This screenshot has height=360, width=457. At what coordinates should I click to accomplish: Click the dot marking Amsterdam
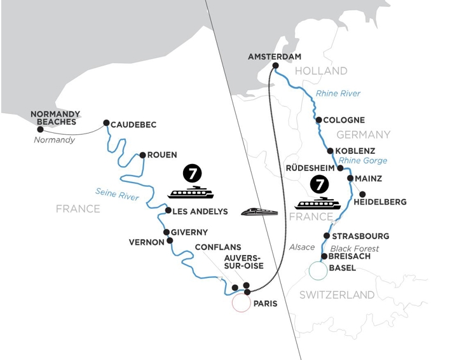point(276,66)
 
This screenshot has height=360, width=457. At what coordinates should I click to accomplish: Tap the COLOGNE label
point(345,120)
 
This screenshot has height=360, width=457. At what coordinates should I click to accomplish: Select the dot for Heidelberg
point(362,194)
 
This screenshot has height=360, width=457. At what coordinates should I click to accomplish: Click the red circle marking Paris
point(241,303)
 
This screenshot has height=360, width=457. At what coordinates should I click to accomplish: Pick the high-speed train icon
point(259,212)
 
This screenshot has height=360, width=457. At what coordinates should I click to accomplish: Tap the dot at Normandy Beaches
point(41,129)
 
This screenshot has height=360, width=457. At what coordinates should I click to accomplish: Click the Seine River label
point(117,193)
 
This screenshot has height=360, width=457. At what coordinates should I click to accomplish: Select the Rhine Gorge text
point(363,160)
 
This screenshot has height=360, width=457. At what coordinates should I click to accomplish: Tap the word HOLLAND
point(321,71)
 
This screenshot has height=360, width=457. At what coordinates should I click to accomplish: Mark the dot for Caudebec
point(106,125)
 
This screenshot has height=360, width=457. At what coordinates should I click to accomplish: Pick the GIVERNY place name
point(189,232)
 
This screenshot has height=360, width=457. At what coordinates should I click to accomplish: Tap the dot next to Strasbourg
point(326,236)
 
